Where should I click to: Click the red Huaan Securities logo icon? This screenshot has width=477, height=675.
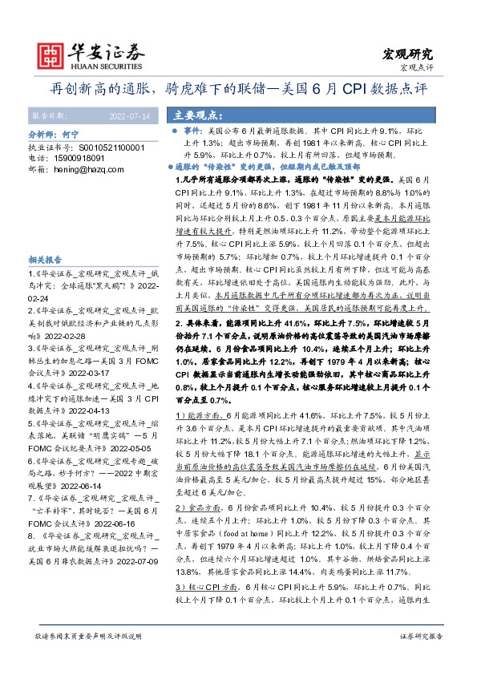(x=54, y=54)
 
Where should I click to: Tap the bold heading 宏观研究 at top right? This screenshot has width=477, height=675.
(x=404, y=55)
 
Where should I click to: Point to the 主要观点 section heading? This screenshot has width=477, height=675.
(x=201, y=115)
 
